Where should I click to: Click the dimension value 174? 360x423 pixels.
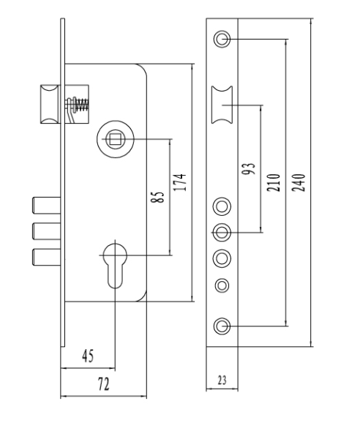180,182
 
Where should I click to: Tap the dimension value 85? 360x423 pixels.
157,197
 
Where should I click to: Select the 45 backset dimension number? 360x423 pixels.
88,356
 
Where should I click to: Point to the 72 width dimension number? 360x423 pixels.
104,384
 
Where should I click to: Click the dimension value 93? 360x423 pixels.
248,168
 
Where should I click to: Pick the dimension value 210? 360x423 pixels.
274,183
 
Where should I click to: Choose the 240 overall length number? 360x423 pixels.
299,183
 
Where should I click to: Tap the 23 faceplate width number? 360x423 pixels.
222,381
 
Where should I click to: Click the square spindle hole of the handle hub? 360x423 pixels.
115,139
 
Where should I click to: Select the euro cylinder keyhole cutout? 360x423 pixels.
115,266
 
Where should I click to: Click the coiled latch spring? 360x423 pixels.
81,105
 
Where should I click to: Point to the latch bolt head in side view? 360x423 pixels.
50,104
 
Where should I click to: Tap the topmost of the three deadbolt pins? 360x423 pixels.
46,206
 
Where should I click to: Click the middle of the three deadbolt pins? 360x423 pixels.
46,231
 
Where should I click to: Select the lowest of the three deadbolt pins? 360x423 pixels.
46,257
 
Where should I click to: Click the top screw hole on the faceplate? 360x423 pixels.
222,39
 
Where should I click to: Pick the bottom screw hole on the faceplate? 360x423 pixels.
222,326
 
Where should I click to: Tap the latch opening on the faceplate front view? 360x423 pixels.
222,105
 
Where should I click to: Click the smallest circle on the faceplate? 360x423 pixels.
222,285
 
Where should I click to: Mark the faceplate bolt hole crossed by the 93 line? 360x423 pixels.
222,232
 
